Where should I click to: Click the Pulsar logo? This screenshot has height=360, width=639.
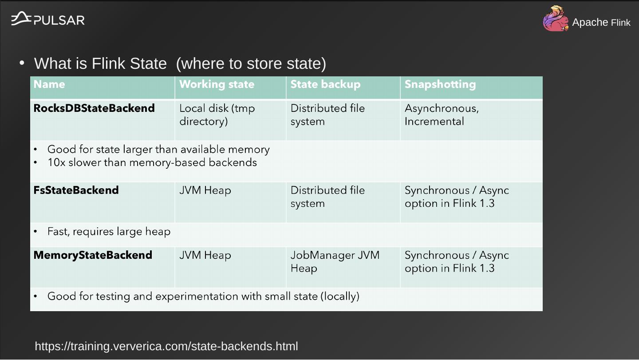pos(47,19)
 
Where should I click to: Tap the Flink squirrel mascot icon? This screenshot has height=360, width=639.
pos(556,19)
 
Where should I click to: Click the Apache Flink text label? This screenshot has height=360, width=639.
pos(601,22)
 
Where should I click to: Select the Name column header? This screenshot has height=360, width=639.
pos(49,84)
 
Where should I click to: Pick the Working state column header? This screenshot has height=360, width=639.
pos(217,84)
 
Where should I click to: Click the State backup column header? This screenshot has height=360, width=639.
pos(325,84)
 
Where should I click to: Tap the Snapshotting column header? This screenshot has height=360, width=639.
pos(440,84)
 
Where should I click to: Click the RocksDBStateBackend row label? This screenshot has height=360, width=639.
pos(94,108)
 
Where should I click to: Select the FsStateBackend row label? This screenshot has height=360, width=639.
pos(76,190)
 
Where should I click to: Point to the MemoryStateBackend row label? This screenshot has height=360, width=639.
pos(93,255)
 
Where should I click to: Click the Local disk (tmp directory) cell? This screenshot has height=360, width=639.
pos(217,115)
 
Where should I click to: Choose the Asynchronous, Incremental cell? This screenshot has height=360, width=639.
pos(442,115)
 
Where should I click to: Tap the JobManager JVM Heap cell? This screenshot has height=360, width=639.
pos(335,262)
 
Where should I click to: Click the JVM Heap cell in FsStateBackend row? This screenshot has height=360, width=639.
pos(205,190)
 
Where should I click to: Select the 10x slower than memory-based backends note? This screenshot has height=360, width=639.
pos(152,162)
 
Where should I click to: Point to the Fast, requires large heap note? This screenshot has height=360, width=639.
pos(109,232)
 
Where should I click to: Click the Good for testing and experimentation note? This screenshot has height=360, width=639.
pos(203,296)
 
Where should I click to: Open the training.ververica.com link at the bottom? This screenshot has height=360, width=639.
pos(166,346)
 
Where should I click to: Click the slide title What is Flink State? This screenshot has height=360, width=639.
pos(180,63)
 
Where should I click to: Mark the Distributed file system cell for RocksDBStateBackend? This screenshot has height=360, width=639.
pos(327,115)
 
